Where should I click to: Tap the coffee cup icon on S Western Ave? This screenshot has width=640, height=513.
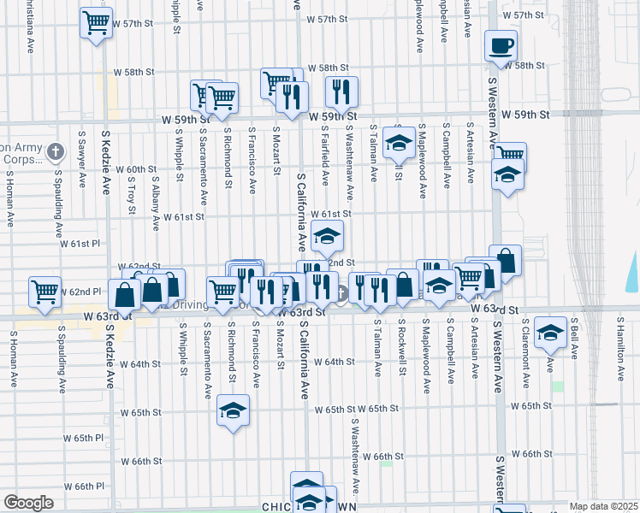[x=501, y=44]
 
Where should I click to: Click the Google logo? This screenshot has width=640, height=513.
[x=28, y=503]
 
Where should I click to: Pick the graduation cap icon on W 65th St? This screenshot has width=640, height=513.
[x=233, y=410]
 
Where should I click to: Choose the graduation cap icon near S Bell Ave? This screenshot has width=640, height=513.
[x=550, y=332]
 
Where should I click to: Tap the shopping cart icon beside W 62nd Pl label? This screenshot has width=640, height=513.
[x=44, y=291]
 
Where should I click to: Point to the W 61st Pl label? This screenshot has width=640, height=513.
[x=86, y=244]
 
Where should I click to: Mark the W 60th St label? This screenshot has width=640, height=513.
[x=136, y=169]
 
